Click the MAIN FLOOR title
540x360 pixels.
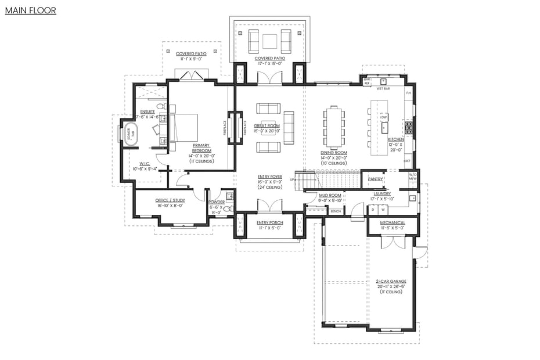point(30,10)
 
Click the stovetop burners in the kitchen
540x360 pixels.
point(408,127)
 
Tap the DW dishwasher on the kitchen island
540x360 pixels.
point(384,117)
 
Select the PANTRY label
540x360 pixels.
point(375,179)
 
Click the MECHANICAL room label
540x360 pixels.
point(393,222)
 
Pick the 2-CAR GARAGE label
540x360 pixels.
point(391,281)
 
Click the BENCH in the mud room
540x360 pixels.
point(336,211)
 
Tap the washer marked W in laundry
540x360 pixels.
point(383,210)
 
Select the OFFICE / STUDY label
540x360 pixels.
point(170,200)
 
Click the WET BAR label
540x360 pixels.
point(383,89)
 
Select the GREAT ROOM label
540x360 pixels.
point(268,125)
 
